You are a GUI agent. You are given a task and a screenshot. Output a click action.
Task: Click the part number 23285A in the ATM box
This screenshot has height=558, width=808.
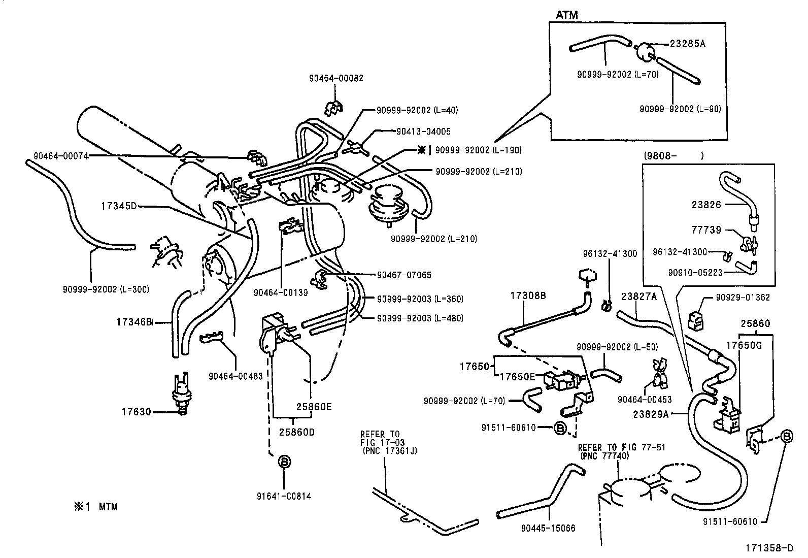tap(687, 44)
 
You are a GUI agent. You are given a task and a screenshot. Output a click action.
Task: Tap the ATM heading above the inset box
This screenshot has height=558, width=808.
tap(566, 15)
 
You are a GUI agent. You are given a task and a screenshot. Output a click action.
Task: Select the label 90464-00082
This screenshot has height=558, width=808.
tap(336, 79)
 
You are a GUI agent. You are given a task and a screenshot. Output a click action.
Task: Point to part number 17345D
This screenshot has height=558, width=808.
tap(118, 206)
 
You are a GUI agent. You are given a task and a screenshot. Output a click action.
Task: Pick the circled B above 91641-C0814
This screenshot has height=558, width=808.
tap(284, 462)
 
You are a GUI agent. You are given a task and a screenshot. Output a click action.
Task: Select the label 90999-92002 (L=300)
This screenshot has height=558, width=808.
tap(106, 289)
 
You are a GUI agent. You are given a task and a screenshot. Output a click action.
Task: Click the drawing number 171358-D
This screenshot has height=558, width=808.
tap(768, 548)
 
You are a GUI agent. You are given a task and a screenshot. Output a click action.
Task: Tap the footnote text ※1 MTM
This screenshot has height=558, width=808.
tap(96, 506)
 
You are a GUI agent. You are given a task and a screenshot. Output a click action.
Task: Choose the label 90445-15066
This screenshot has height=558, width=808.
tap(548, 528)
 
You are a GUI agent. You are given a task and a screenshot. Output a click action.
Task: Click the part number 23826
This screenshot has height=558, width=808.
tap(706, 205)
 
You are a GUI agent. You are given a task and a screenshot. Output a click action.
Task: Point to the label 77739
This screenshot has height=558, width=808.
tap(706, 230)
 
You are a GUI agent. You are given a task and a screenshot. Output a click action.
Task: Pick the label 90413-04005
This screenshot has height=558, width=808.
tap(423, 132)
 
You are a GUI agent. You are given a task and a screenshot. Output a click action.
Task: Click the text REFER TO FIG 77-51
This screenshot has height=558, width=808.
tap(621, 447)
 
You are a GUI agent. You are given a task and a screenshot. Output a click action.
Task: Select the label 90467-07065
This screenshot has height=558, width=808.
tap(404, 275)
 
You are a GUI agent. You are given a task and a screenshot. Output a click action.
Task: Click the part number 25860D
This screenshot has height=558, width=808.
tap(297, 432)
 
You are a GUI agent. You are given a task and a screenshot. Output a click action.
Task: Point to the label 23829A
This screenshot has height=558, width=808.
tap(652, 414)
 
